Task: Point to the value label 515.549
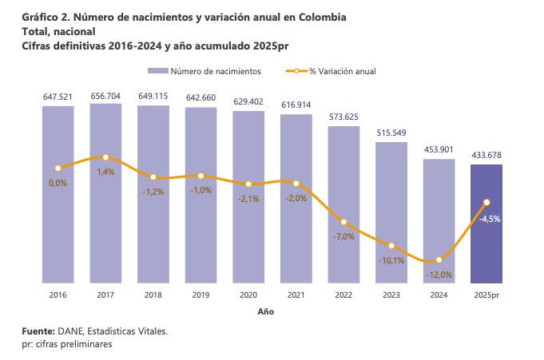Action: [391, 132]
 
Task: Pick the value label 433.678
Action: [486, 155]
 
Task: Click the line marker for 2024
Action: [439, 260]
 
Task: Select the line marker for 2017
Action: [105, 157]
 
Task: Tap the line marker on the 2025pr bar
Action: [486, 202]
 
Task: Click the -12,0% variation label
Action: [439, 275]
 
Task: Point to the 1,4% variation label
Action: [105, 172]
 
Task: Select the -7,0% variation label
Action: [343, 236]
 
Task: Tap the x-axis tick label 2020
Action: [248, 295]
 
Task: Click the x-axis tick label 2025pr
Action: [486, 295]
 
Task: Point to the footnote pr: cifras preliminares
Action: [67, 344]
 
